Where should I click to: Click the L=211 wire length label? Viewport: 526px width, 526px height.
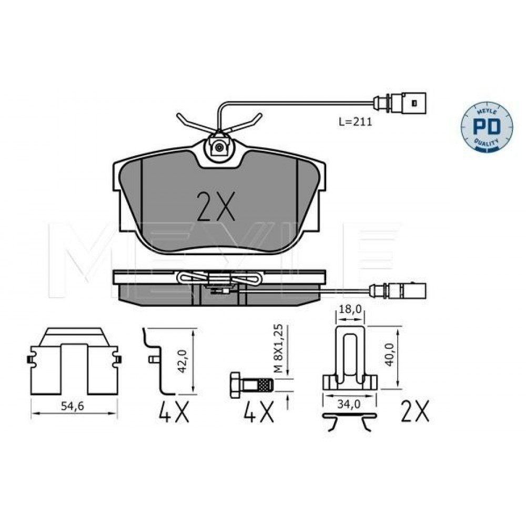point(355,122)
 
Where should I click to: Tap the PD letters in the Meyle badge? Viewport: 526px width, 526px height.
point(487,126)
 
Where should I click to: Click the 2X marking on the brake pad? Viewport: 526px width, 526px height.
point(216,206)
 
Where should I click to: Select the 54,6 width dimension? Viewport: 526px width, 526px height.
point(73,406)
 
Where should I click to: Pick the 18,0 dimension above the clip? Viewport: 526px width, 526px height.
point(350,309)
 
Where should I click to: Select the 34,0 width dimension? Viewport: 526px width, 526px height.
point(349,404)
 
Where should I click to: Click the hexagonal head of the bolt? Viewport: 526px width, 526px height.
point(236,385)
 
